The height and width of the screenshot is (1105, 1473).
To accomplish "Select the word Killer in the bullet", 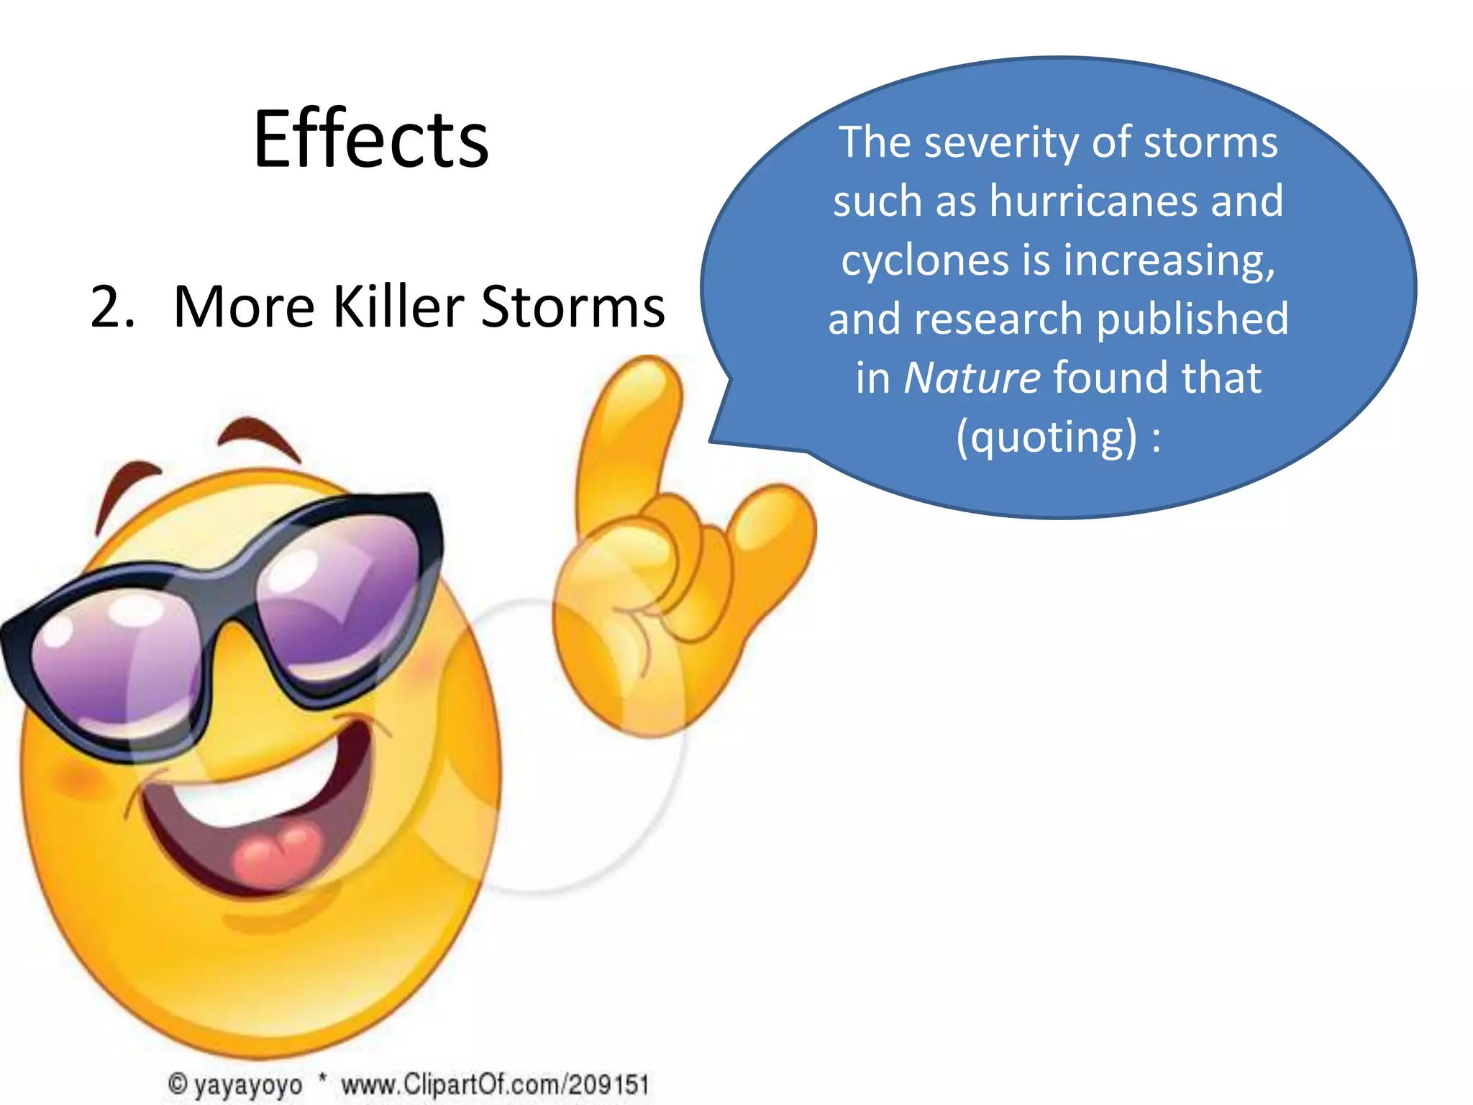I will tap(398, 306).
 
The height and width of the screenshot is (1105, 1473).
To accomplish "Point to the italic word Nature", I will tap(971, 377).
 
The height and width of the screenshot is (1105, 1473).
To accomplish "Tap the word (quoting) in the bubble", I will tap(1046, 437).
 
